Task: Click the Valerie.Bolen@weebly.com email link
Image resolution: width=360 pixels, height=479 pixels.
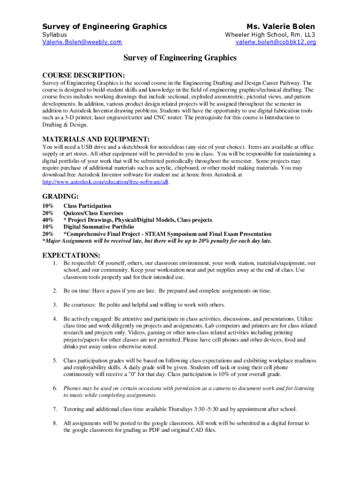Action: tap(82, 42)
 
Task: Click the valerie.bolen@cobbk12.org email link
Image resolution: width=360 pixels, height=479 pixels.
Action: tap(276, 42)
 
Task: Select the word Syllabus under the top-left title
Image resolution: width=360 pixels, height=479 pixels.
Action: tap(55, 35)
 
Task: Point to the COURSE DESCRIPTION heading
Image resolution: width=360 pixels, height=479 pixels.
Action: tap(84, 75)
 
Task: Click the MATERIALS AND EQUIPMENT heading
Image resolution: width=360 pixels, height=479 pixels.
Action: tap(96, 139)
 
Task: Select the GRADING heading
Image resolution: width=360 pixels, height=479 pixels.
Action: tap(60, 196)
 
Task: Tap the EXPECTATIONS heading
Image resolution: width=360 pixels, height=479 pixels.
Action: tap(71, 255)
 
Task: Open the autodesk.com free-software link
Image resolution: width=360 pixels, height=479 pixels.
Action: tap(105, 181)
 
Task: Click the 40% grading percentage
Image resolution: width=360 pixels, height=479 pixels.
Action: tap(48, 220)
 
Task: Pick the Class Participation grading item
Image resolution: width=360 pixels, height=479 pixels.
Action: tap(87, 206)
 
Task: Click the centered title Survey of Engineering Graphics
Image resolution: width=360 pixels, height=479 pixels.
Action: tap(180, 58)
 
